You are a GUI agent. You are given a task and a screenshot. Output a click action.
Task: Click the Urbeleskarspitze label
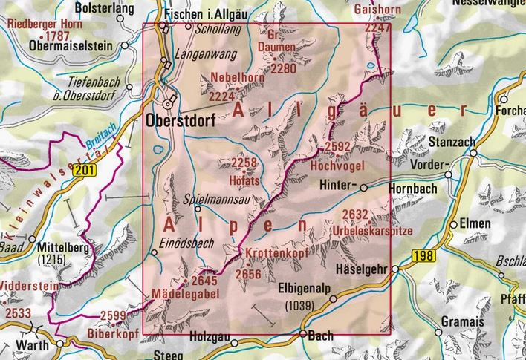coord(377,227)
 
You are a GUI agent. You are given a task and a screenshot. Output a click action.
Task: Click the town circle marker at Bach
coord(302,333)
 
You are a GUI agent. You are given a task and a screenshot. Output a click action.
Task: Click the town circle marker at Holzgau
coord(233,342)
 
